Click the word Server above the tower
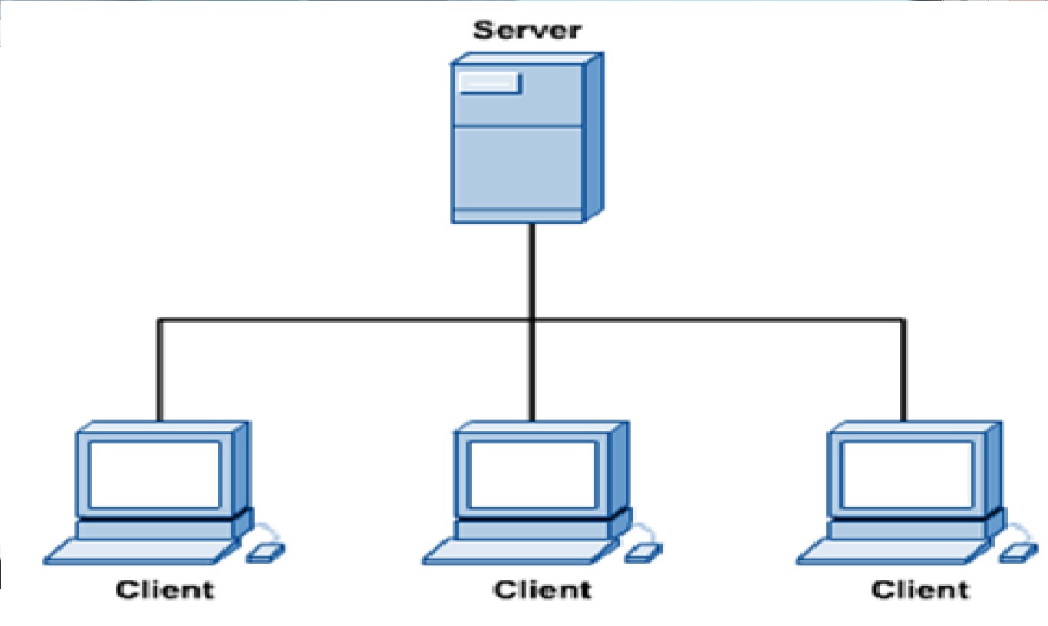coord(527,31)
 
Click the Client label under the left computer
coord(165,590)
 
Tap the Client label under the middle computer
coord(542,590)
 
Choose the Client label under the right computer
coord(920,590)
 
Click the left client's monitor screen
coord(155,474)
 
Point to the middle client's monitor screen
coord(532,474)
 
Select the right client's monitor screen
coord(908,474)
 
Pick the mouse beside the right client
coord(1018,552)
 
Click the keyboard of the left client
coord(138,551)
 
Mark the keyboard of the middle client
coord(516,551)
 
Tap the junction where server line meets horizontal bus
coord(530,319)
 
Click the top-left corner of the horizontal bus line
coord(160,320)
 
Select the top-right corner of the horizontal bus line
coord(904,320)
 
